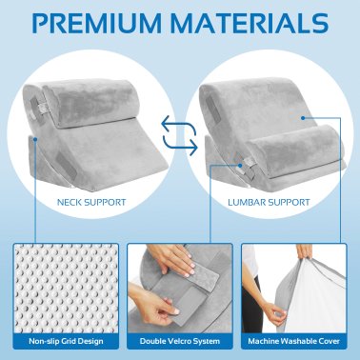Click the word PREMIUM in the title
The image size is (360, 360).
point(99,23)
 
